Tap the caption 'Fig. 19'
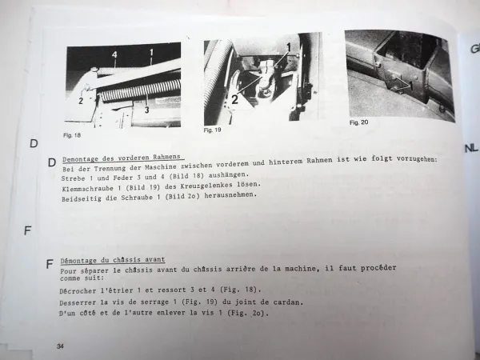[213, 129]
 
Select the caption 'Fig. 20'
[359, 122]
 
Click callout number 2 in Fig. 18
[81, 101]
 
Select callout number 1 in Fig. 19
[289, 48]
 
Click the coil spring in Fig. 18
[136, 90]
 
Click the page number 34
[61, 345]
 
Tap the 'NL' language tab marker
[470, 149]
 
